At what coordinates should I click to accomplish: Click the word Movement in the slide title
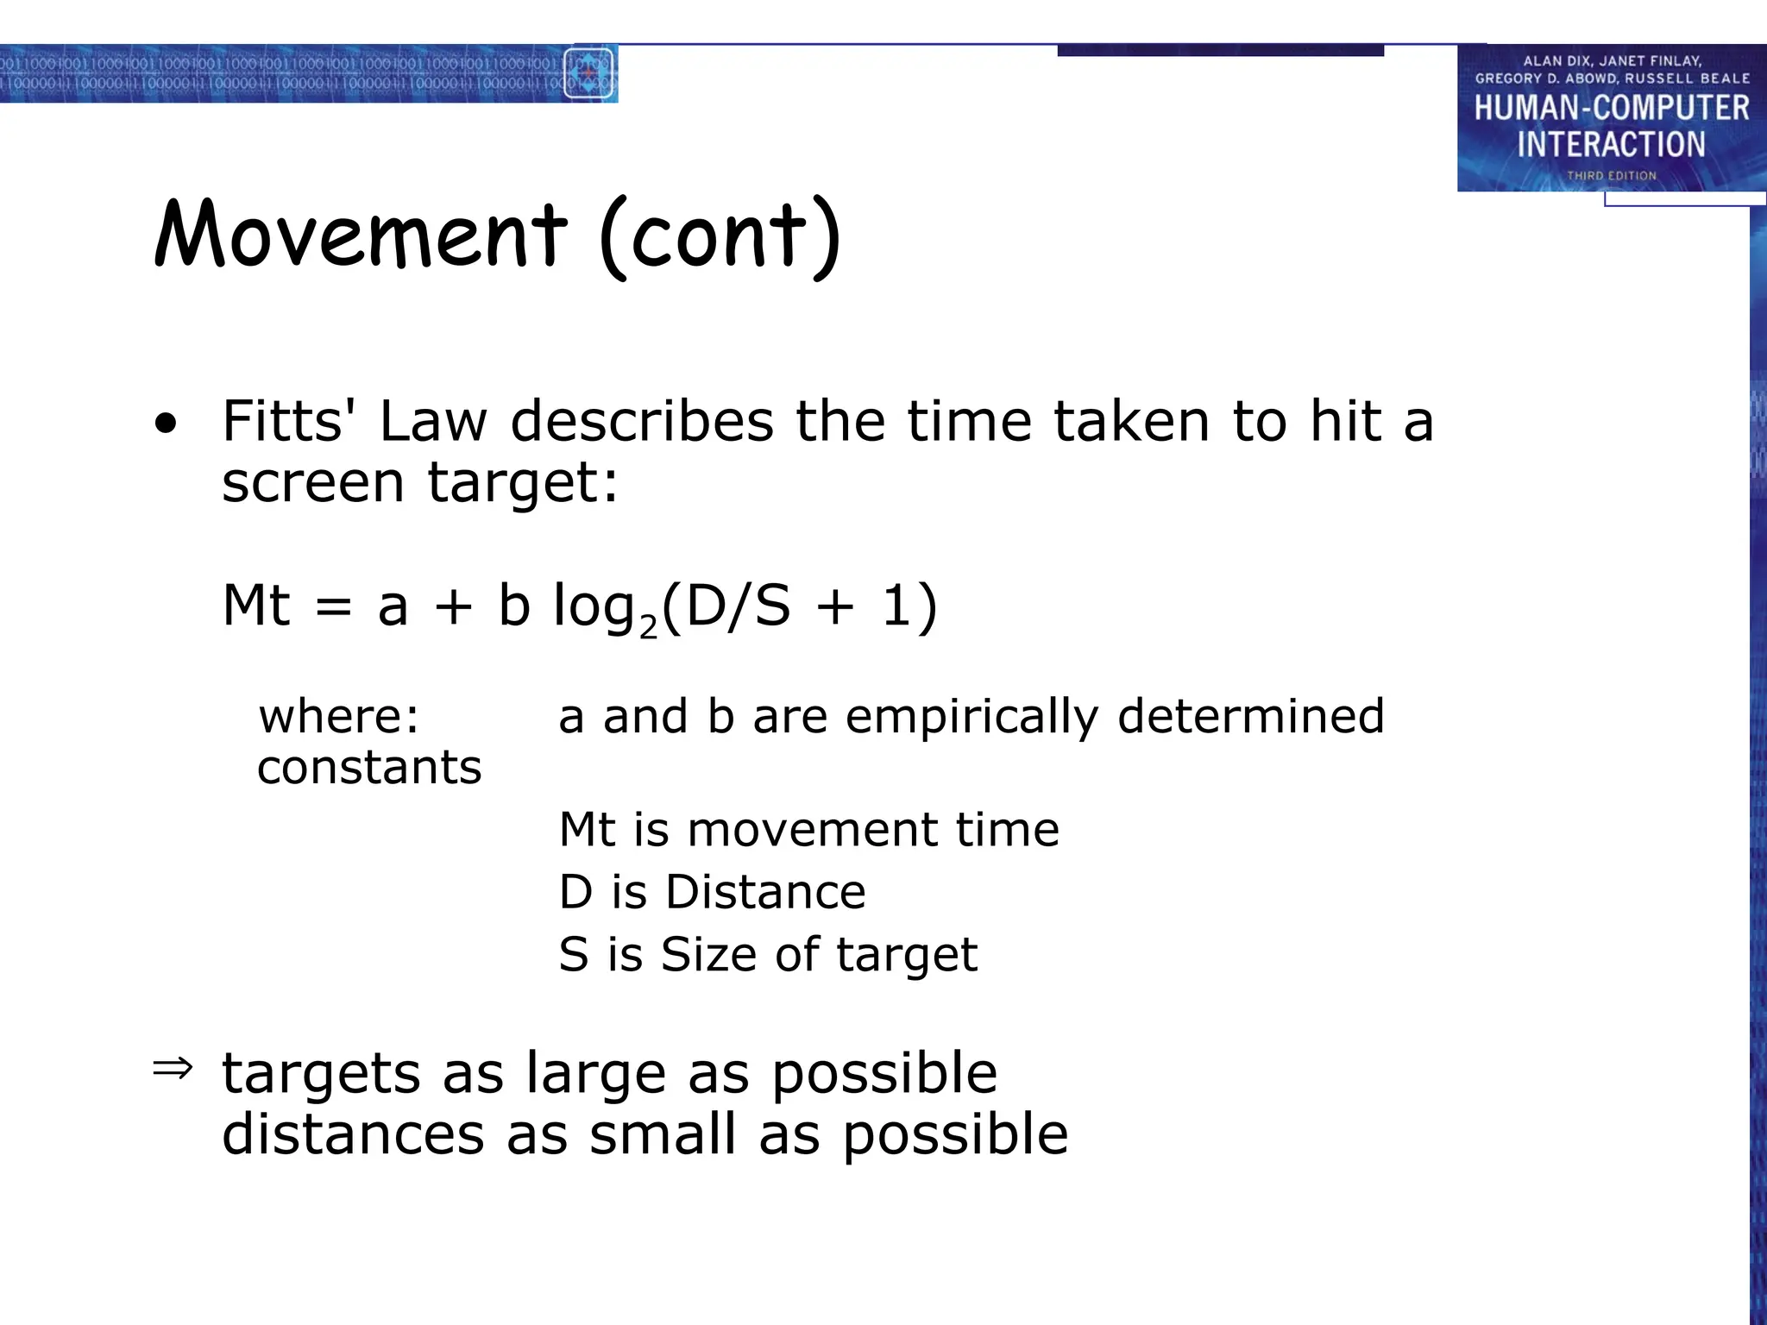(361, 235)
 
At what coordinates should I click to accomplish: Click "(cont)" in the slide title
(720, 236)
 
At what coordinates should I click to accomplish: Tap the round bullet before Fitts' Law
(166, 424)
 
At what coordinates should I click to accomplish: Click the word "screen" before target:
(312, 483)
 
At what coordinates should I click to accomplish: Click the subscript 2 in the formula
(649, 628)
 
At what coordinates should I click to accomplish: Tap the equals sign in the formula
(333, 606)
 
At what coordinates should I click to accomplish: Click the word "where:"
(339, 717)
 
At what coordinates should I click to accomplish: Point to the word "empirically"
(972, 717)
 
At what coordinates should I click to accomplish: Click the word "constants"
(369, 768)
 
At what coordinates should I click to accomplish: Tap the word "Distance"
(765, 892)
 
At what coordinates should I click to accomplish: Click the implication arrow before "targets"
(173, 1070)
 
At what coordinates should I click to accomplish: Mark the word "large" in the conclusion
(596, 1075)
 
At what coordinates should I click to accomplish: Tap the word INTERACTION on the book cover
(1611, 144)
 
